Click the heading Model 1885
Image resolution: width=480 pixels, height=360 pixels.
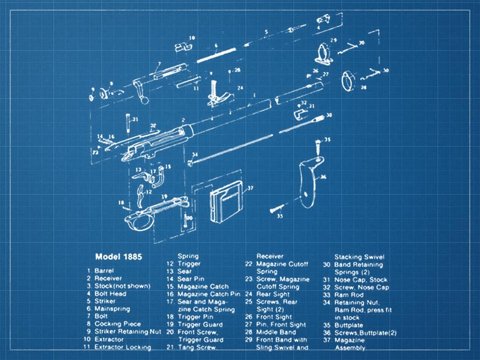[118, 257]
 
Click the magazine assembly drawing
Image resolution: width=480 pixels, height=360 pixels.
[223, 204]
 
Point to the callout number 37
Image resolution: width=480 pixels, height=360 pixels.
[250, 188]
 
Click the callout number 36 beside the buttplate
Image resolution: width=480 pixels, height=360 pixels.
[323, 177]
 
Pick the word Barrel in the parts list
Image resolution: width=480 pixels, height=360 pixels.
[104, 270]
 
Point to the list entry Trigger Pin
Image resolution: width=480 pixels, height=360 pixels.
[196, 316]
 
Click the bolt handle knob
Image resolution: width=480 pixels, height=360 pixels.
[144, 101]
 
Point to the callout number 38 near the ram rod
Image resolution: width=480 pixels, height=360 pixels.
[329, 115]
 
